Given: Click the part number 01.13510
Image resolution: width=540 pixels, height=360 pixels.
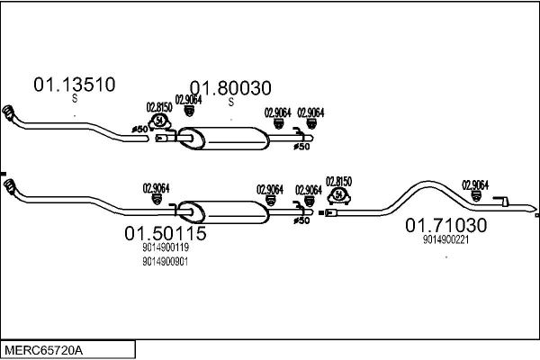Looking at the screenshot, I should [x=74, y=85].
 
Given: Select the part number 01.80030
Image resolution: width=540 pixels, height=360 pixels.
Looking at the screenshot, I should [x=229, y=88].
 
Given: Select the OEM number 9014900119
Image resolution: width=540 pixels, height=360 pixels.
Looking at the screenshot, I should [x=166, y=247].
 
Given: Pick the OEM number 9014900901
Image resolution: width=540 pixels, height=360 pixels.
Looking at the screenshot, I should [x=166, y=261].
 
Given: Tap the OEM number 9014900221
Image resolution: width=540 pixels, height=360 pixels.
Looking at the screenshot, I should [x=445, y=239].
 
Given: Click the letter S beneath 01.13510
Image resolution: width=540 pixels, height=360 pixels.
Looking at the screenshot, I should [x=75, y=101].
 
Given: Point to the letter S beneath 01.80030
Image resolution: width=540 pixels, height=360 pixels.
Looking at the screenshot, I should [x=230, y=103].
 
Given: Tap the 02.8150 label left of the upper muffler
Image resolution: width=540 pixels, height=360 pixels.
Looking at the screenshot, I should [x=159, y=107].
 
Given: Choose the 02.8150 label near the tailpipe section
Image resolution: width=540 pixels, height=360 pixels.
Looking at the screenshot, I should [x=338, y=181].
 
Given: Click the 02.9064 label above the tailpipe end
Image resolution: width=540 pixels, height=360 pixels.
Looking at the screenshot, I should [x=475, y=184].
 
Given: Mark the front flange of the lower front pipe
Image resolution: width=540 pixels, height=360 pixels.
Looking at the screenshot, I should [x=10, y=189].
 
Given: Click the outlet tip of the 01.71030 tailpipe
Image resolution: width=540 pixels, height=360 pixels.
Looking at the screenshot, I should [x=535, y=216].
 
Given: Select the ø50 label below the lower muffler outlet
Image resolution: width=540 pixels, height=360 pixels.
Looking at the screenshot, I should [x=301, y=220].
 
